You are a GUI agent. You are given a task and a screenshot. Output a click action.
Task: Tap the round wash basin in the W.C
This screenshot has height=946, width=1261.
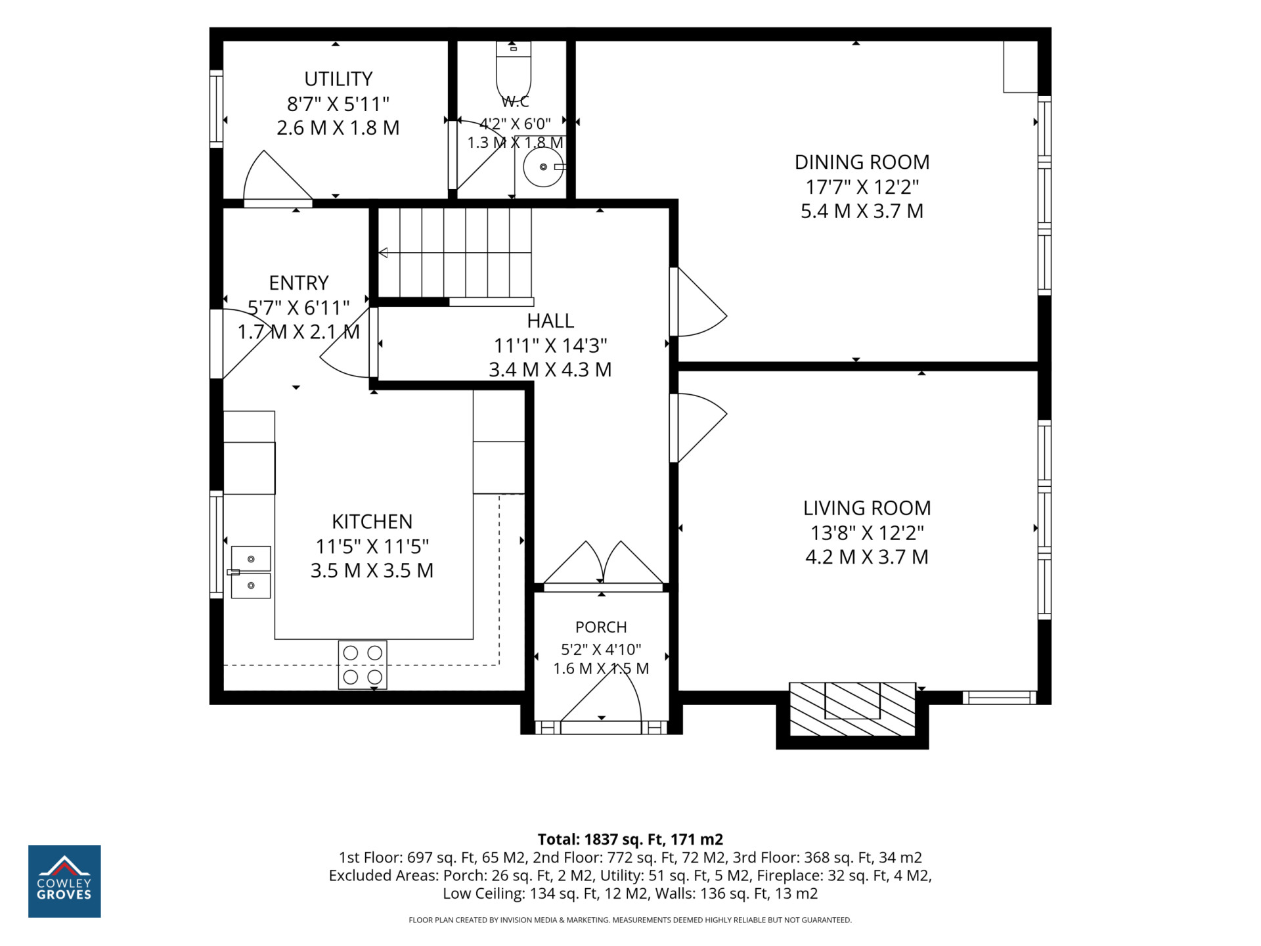543,167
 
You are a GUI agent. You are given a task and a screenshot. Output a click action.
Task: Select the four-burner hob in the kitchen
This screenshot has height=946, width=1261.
363,665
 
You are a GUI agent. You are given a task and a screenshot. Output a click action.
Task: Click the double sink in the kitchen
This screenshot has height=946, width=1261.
250,572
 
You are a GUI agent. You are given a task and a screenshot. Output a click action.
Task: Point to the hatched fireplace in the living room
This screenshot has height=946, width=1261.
852,709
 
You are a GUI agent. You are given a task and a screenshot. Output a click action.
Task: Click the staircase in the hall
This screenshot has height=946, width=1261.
454,253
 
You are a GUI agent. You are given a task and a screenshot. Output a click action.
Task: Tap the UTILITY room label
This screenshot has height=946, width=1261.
338,79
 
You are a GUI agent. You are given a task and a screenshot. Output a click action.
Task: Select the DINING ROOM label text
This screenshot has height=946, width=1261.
862,162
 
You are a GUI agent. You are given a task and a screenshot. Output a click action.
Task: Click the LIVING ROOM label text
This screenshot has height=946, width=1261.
867,508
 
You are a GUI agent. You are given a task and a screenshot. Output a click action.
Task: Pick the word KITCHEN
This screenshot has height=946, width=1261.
372,522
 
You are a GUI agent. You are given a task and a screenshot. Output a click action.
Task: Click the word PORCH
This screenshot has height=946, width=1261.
601,627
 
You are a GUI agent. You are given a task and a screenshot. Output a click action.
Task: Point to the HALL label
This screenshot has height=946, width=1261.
550,321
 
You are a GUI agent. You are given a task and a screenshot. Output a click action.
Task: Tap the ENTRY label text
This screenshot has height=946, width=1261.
299,283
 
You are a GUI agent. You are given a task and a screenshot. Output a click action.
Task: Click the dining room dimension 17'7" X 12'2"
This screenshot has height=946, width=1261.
862,187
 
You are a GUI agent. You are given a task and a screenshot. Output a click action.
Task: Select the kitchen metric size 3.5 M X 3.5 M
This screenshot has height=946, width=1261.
372,570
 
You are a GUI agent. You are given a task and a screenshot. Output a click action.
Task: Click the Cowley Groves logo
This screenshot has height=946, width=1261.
64,881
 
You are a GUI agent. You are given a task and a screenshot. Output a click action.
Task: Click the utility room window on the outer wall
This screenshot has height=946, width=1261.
216,108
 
